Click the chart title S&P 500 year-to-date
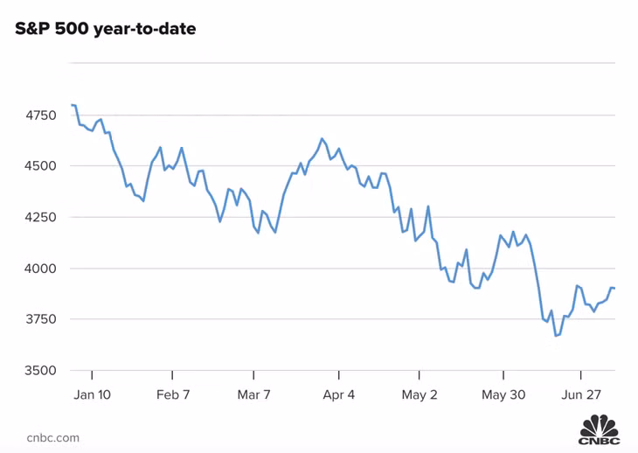(x=106, y=30)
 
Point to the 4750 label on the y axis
(x=38, y=115)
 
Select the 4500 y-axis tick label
(x=38, y=166)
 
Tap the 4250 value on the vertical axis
(x=38, y=217)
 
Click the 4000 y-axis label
(x=38, y=268)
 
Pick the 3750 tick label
(x=38, y=319)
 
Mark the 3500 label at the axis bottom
(x=38, y=371)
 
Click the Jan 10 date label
(x=92, y=394)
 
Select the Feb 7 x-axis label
(x=173, y=394)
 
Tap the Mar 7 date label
(x=254, y=394)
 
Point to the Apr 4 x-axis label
(x=338, y=394)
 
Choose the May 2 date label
(x=420, y=394)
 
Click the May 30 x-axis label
(x=503, y=394)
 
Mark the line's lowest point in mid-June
(x=556, y=336)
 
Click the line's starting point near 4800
(x=72, y=105)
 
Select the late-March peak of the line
(x=322, y=138)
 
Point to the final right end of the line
(x=614, y=288)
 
